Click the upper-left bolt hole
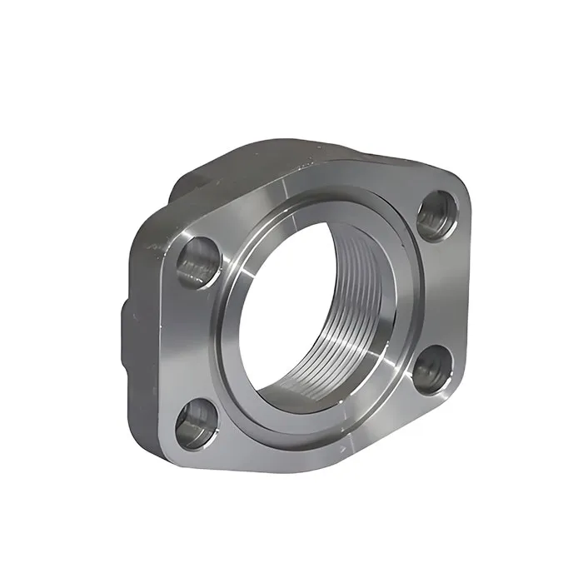199,260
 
